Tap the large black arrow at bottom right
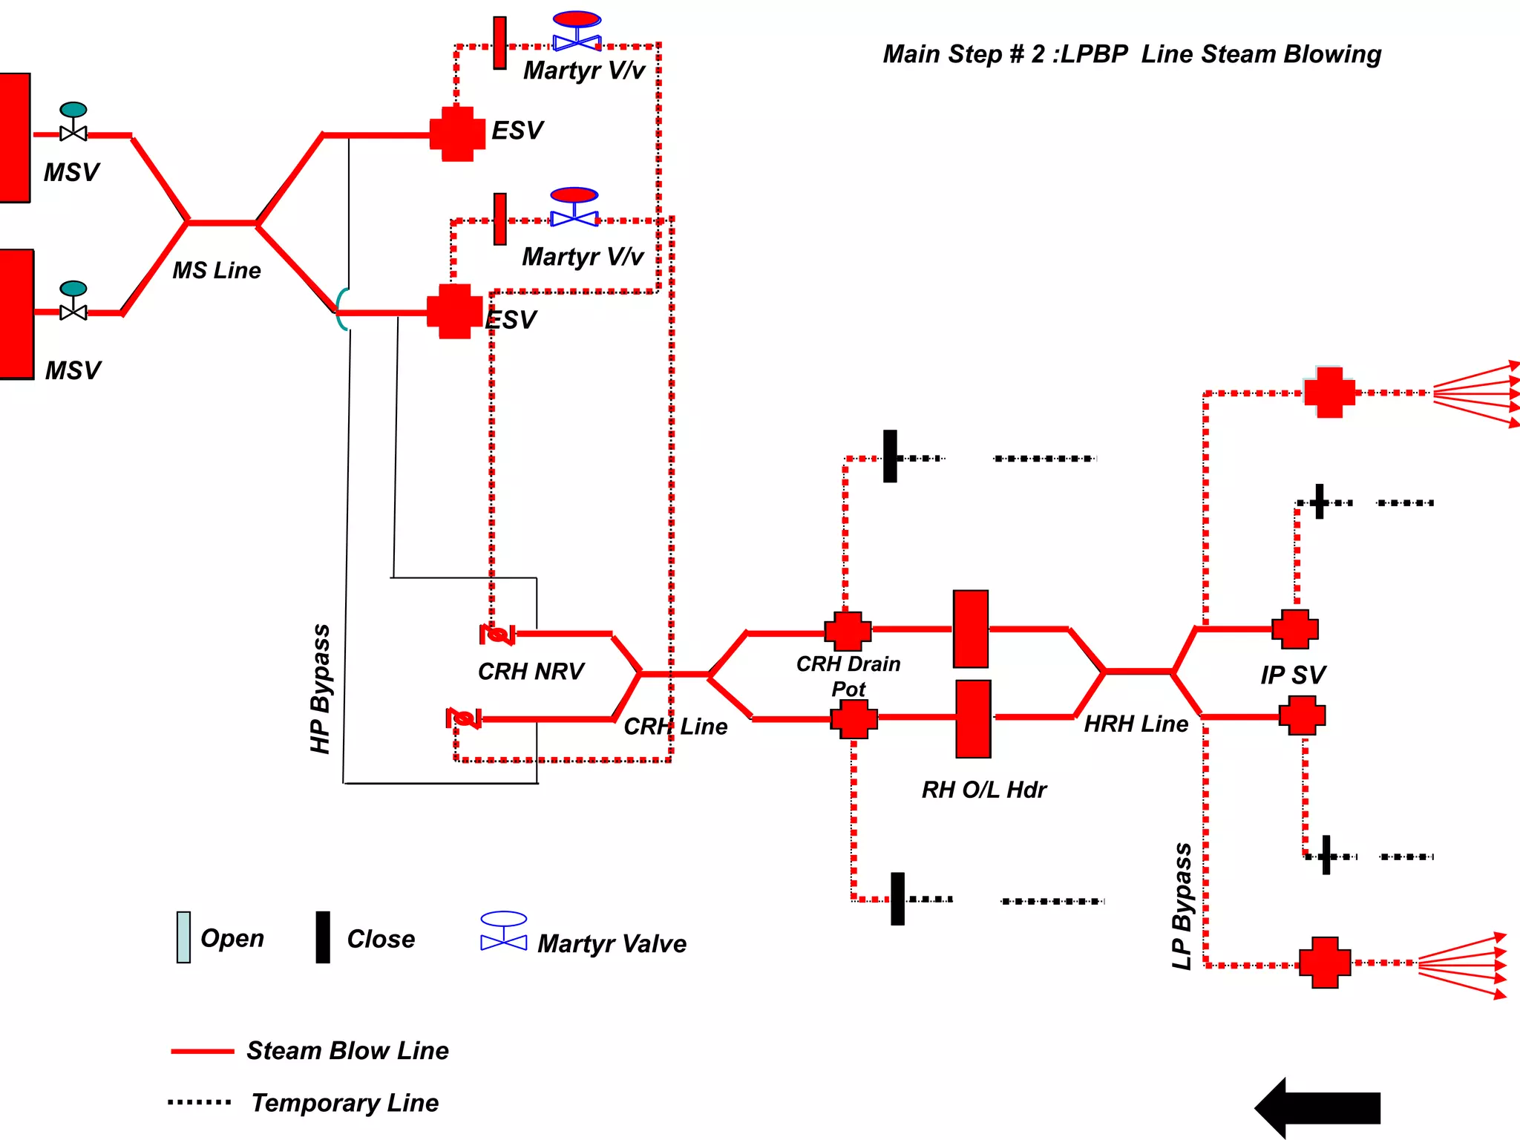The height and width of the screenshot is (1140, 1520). pos(1318,1107)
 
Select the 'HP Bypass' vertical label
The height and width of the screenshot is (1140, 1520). pos(321,689)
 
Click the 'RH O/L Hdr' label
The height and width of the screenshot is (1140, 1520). pos(983,790)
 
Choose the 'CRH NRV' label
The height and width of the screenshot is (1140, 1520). pos(531,672)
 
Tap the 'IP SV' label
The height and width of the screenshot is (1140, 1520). pos(1292,675)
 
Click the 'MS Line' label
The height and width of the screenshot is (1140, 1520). pos(217,270)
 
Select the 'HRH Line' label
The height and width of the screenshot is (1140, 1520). pos(1136,724)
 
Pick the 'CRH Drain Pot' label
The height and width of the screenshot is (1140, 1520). pos(848,675)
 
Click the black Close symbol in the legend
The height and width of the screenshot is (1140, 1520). pos(323,937)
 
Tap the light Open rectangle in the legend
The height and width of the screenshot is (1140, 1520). pos(183,937)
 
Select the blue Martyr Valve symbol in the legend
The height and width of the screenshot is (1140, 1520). pos(504,931)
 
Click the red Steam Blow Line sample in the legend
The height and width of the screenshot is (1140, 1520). pos(202,1051)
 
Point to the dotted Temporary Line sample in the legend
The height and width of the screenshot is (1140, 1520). pos(199,1102)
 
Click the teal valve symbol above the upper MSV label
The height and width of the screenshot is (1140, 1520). pos(73,122)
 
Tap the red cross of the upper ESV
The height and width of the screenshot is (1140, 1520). pos(457,134)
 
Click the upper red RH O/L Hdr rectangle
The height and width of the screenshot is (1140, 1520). pos(970,629)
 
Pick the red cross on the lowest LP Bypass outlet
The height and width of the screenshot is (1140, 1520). pos(1325,963)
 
